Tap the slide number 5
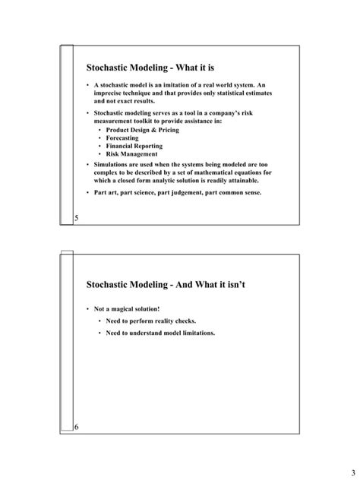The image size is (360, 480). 77,218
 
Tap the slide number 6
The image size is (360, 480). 77,428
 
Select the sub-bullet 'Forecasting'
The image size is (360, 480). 123,138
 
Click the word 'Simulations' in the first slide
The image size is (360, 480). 110,164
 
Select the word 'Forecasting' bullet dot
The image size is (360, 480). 101,138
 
